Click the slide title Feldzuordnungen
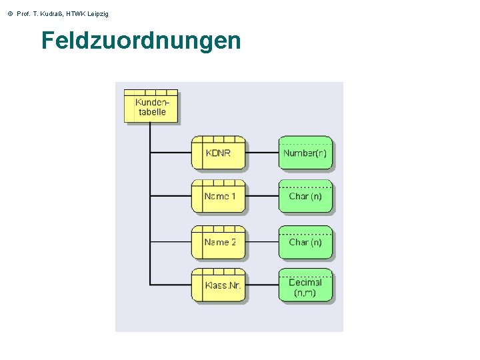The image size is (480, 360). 141,41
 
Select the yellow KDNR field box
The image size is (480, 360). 219,153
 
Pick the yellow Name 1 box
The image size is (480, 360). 219,197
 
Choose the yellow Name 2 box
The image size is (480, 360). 219,243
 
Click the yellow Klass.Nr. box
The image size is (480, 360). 219,285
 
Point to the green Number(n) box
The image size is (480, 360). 305,153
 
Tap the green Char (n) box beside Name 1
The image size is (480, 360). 305,197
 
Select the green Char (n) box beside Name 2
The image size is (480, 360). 305,243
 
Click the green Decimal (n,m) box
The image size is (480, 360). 305,287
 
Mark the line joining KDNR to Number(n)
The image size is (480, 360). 262,153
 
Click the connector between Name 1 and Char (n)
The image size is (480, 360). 262,197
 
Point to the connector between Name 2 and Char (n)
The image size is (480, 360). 262,243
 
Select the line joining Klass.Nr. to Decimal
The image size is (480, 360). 262,285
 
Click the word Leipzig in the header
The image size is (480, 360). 95,14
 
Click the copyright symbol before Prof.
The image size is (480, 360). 9,14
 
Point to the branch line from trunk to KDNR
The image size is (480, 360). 171,153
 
